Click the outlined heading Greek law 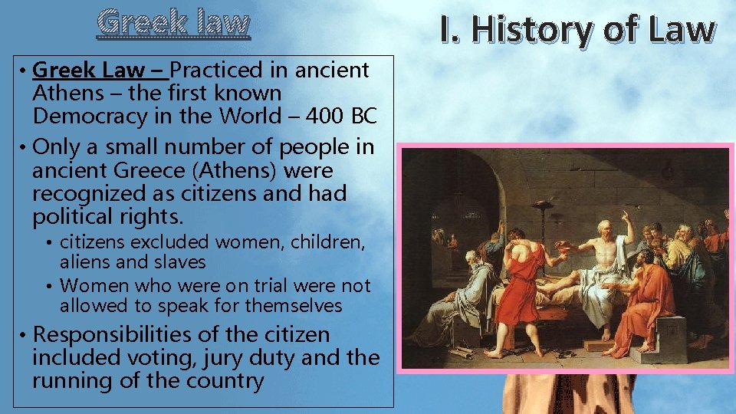(x=173, y=23)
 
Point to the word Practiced (x=217, y=71)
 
